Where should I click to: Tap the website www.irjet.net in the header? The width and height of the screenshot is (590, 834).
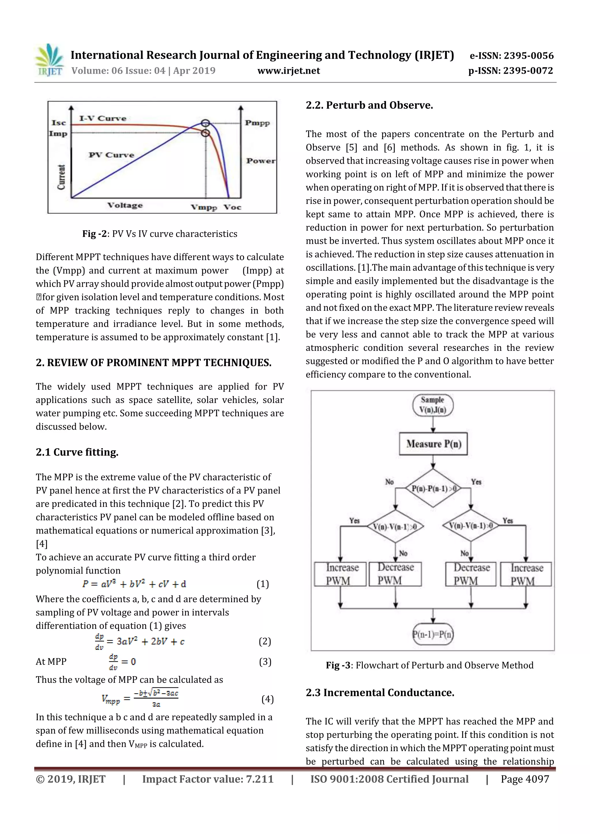pyautogui.click(x=289, y=71)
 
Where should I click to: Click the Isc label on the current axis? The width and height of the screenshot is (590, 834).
pyautogui.click(x=58, y=123)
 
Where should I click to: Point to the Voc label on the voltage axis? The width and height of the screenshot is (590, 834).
pyautogui.click(x=232, y=207)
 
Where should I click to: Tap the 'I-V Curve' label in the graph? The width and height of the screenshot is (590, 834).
pyautogui.click(x=103, y=118)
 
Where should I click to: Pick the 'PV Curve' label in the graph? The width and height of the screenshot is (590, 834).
pyautogui.click(x=111, y=155)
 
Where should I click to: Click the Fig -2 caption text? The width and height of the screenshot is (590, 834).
pyautogui.click(x=160, y=234)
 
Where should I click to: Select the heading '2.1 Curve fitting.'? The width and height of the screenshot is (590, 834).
pyautogui.click(x=77, y=452)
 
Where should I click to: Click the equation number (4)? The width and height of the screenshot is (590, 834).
pyautogui.click(x=268, y=699)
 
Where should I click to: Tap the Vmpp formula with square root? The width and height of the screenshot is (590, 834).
pyautogui.click(x=140, y=698)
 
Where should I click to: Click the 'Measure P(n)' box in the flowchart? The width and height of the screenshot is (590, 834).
pyautogui.click(x=433, y=444)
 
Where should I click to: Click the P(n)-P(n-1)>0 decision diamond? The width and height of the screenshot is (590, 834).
pyautogui.click(x=433, y=489)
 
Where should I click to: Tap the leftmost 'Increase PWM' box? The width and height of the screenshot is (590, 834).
pyautogui.click(x=340, y=574)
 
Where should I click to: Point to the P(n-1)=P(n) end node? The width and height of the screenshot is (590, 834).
pyautogui.click(x=433, y=634)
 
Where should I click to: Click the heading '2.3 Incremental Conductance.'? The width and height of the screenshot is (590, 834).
pyautogui.click(x=380, y=693)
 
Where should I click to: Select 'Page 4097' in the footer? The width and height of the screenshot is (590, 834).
pyautogui.click(x=525, y=779)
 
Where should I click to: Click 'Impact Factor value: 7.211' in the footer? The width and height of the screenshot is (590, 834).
pyautogui.click(x=208, y=779)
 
